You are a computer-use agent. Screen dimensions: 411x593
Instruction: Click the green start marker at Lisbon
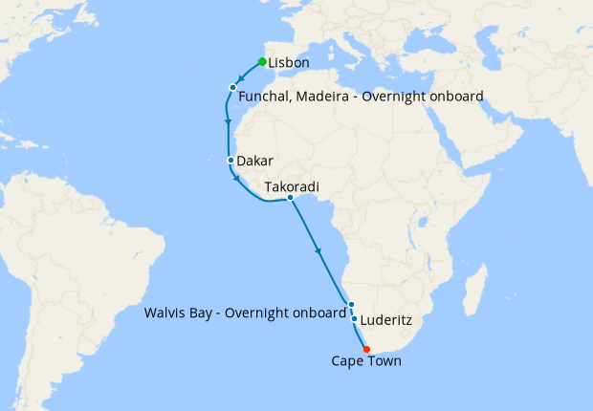click(262, 62)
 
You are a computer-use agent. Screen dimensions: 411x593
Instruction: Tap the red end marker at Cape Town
click(366, 349)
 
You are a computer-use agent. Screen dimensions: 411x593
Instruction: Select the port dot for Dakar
click(231, 160)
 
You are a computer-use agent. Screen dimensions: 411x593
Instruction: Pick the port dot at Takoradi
click(290, 198)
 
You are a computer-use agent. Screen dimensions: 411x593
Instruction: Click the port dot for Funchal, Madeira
click(232, 88)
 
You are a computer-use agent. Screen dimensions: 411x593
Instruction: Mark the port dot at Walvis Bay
click(351, 305)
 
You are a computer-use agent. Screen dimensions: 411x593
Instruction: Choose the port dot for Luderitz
click(354, 318)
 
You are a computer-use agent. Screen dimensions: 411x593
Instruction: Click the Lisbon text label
click(289, 64)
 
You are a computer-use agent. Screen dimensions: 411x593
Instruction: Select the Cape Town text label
click(366, 361)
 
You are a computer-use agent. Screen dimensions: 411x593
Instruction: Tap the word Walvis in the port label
click(164, 313)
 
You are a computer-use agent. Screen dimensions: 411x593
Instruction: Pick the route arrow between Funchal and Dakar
click(227, 122)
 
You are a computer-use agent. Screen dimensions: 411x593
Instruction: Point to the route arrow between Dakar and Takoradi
click(236, 179)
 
